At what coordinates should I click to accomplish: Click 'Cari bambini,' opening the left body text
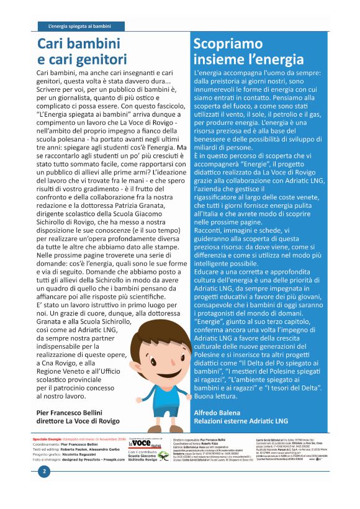pyautogui.click(x=54, y=74)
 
